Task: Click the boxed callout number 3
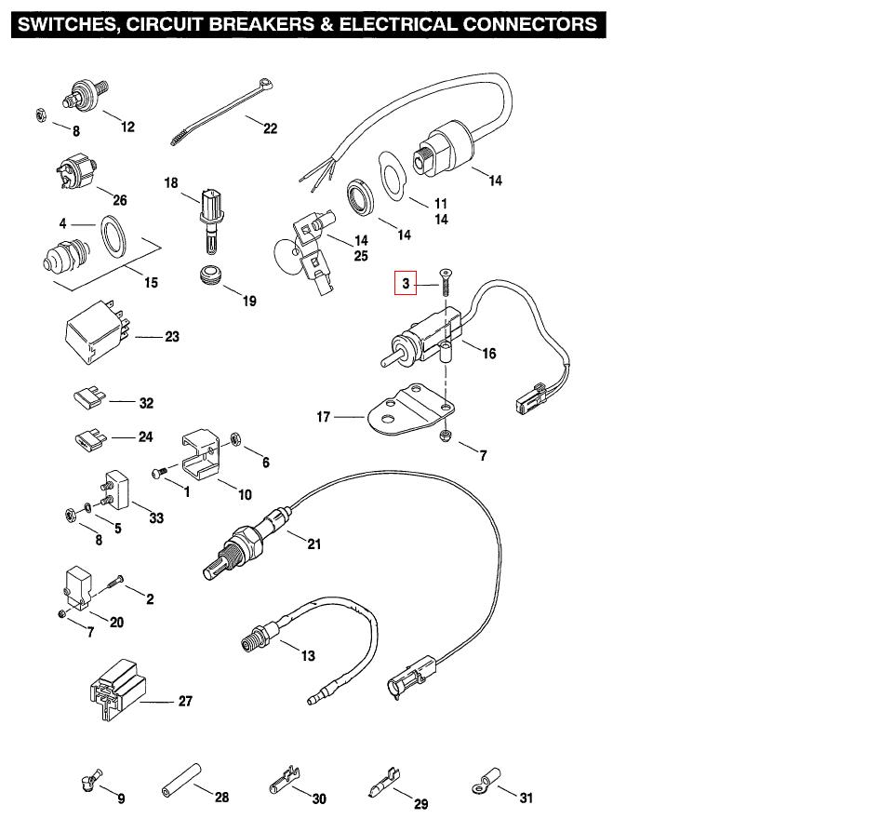tap(405, 282)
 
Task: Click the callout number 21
tap(314, 543)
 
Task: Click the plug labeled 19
tap(213, 275)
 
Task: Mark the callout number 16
tap(489, 354)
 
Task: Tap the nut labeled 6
tap(236, 436)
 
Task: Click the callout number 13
tap(308, 656)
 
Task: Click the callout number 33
tap(156, 517)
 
